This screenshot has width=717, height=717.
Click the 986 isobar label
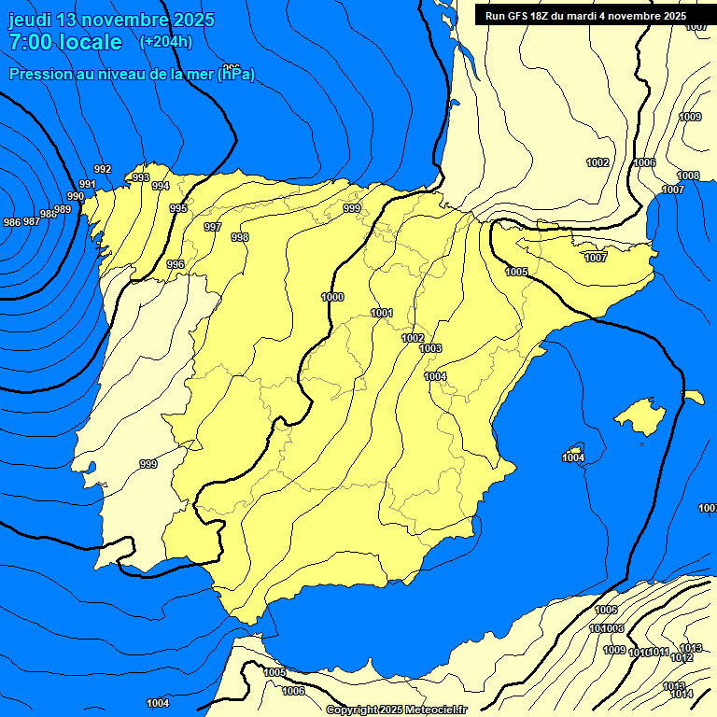pyautogui.click(x=12, y=222)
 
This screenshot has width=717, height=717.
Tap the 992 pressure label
pyautogui.click(x=103, y=169)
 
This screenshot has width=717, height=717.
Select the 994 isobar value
pyautogui.click(x=161, y=186)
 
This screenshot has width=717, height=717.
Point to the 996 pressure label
pyautogui.click(x=176, y=264)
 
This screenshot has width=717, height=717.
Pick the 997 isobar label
pyautogui.click(x=213, y=227)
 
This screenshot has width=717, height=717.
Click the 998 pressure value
pyautogui.click(x=240, y=237)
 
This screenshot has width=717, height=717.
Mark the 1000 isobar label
pyautogui.click(x=332, y=297)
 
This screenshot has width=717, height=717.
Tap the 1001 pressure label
pyautogui.click(x=382, y=313)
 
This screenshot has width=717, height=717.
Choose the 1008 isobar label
pyautogui.click(x=688, y=176)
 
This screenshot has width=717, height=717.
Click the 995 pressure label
pyautogui.click(x=178, y=208)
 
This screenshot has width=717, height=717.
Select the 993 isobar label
pyautogui.click(x=141, y=177)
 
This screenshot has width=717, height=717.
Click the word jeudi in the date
pyautogui.click(x=30, y=20)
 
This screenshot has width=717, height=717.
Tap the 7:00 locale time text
pyautogui.click(x=65, y=42)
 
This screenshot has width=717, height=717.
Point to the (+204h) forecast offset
pyautogui.click(x=165, y=41)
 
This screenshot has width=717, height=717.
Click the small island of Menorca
pyautogui.click(x=694, y=397)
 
